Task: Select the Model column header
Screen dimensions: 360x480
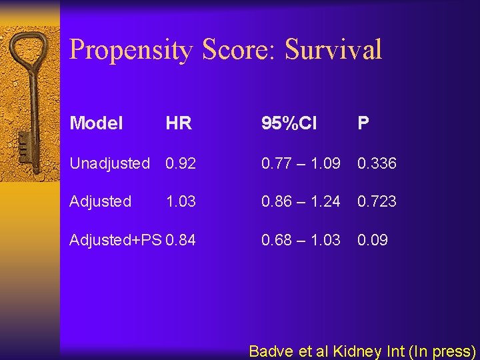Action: coord(96,123)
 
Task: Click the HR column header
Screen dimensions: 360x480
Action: coord(179,123)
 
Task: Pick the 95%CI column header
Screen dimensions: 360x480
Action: coord(289,123)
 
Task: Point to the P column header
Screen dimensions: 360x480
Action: coord(363,123)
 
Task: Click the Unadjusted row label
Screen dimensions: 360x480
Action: coord(109,163)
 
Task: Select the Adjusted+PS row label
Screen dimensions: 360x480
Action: coord(115,239)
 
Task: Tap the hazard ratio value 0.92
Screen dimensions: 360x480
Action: coord(181,163)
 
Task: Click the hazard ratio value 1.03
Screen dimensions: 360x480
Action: coord(181,201)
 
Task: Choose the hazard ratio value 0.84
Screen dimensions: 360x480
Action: coord(181,239)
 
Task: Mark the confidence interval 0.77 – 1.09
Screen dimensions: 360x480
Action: coord(301,163)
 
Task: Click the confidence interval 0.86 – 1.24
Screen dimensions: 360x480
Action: coord(301,201)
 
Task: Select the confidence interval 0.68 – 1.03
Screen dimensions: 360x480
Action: coord(301,239)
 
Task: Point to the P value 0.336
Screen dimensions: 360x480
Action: coord(377,163)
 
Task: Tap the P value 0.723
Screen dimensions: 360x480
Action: coord(377,201)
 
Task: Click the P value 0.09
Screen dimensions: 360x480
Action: coord(373,239)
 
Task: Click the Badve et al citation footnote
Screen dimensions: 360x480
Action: coord(362,351)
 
